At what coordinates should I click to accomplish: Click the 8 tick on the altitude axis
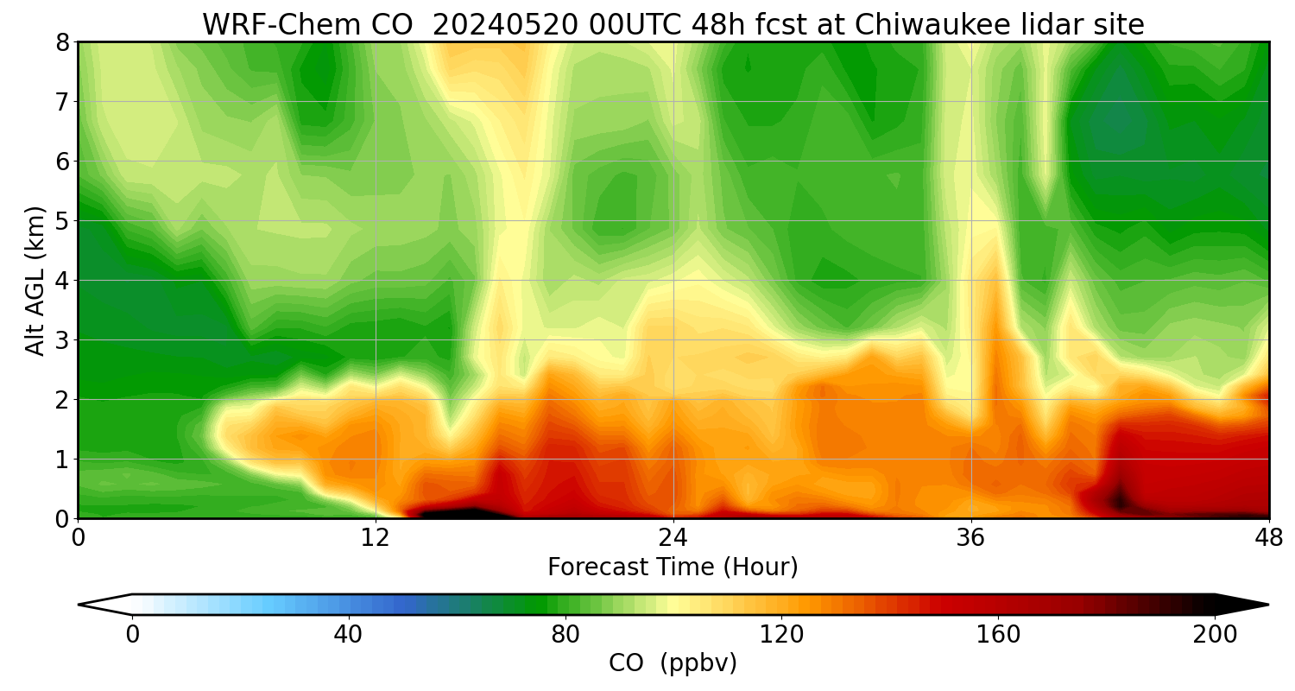point(62,42)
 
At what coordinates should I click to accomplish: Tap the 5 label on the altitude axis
point(62,221)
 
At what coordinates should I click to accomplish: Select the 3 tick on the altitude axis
point(62,340)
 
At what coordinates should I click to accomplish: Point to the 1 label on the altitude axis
point(62,460)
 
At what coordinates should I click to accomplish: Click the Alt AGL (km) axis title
point(35,281)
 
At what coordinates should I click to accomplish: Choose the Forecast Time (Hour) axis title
point(673,567)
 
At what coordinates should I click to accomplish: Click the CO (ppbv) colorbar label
point(673,663)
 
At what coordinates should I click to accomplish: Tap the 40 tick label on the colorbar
point(348,635)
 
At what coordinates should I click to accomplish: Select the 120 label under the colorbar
point(781,635)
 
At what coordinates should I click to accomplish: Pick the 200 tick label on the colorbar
point(1215,635)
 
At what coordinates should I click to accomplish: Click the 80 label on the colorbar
point(565,635)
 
